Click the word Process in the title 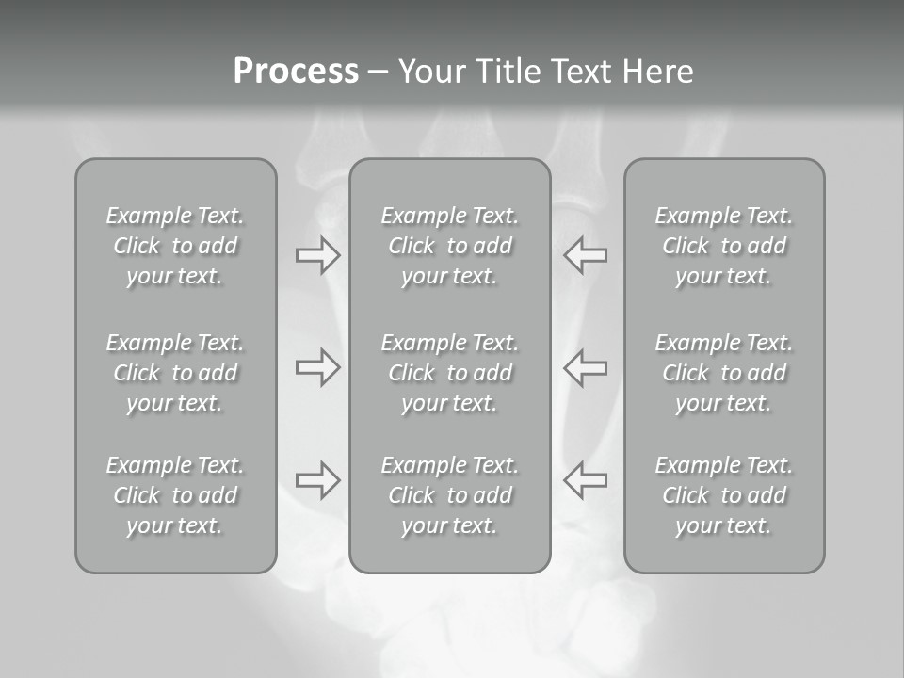point(296,72)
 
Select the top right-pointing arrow point(317,255)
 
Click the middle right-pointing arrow point(317,367)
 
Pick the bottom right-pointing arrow point(317,479)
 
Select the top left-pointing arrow point(585,255)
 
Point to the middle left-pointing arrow point(585,367)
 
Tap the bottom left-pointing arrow point(585,479)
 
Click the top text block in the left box point(175,246)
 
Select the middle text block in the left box point(175,373)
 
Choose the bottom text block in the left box point(175,495)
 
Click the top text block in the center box point(449,246)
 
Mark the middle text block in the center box point(449,373)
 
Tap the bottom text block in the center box point(449,495)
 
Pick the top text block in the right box point(723,246)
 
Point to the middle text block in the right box point(723,373)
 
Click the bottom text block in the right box point(723,495)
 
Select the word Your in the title point(429,72)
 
